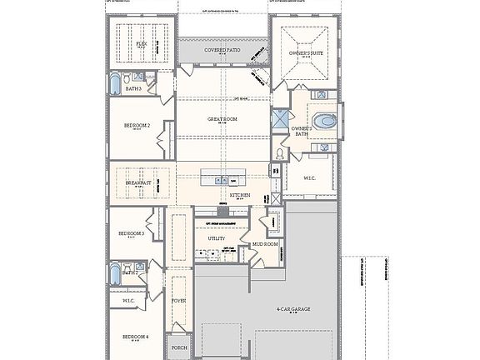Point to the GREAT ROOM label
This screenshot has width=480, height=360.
pos(222,119)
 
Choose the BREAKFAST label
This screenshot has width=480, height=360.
pos(138,182)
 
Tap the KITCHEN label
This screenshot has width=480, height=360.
pos(240,195)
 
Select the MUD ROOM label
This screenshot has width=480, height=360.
pos(265,244)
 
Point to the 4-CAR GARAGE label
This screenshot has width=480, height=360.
pos(294,309)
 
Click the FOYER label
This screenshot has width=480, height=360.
pos(178,300)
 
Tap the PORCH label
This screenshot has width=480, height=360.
pos(178,347)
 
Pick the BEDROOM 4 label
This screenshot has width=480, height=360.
pos(135,337)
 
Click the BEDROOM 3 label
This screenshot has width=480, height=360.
pos(132,234)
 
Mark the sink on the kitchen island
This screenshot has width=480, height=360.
pos(222,178)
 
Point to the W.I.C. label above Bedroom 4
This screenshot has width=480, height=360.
pos(129,300)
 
